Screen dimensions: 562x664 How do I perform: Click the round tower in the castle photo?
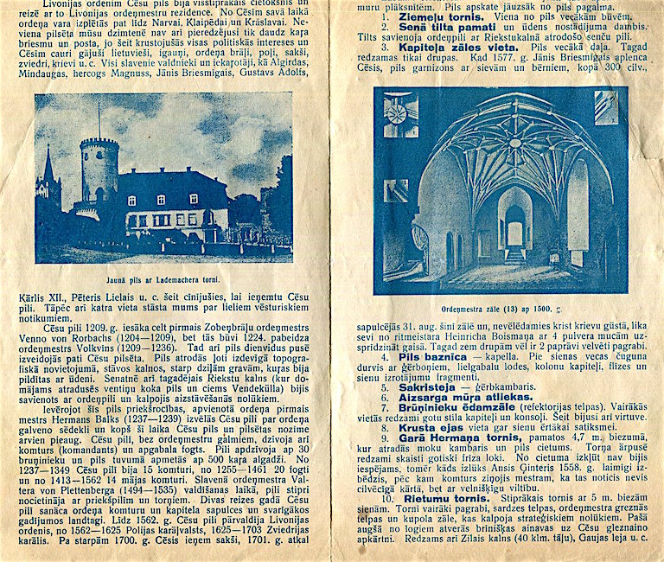99,173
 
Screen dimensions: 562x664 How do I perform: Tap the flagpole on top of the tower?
98,121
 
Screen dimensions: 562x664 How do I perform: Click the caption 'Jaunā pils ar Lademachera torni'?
163,279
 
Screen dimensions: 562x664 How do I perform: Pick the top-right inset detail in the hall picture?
605,107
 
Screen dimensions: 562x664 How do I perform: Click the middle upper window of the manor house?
161,201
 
